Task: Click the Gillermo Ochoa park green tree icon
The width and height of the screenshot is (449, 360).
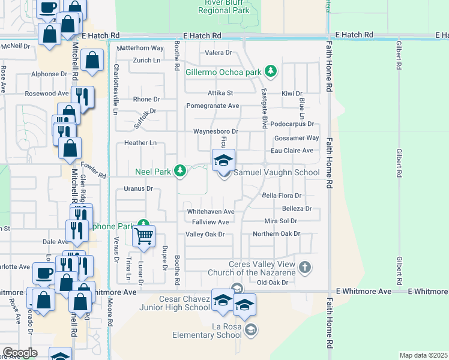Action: [271, 72]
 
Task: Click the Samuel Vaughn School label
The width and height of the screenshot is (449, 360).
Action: [276, 172]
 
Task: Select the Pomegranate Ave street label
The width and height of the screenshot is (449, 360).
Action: [212, 106]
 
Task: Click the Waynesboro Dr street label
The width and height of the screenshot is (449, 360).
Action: [215, 131]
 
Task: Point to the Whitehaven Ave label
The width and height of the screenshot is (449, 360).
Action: [210, 212]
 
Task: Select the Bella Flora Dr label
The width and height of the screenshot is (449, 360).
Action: [282, 196]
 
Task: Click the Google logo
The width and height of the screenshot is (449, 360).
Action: [20, 353]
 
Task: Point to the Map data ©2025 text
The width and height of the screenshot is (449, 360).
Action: [423, 355]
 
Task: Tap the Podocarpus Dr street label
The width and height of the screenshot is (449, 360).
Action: [292, 124]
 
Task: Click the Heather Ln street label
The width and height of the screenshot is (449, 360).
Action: [140, 143]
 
